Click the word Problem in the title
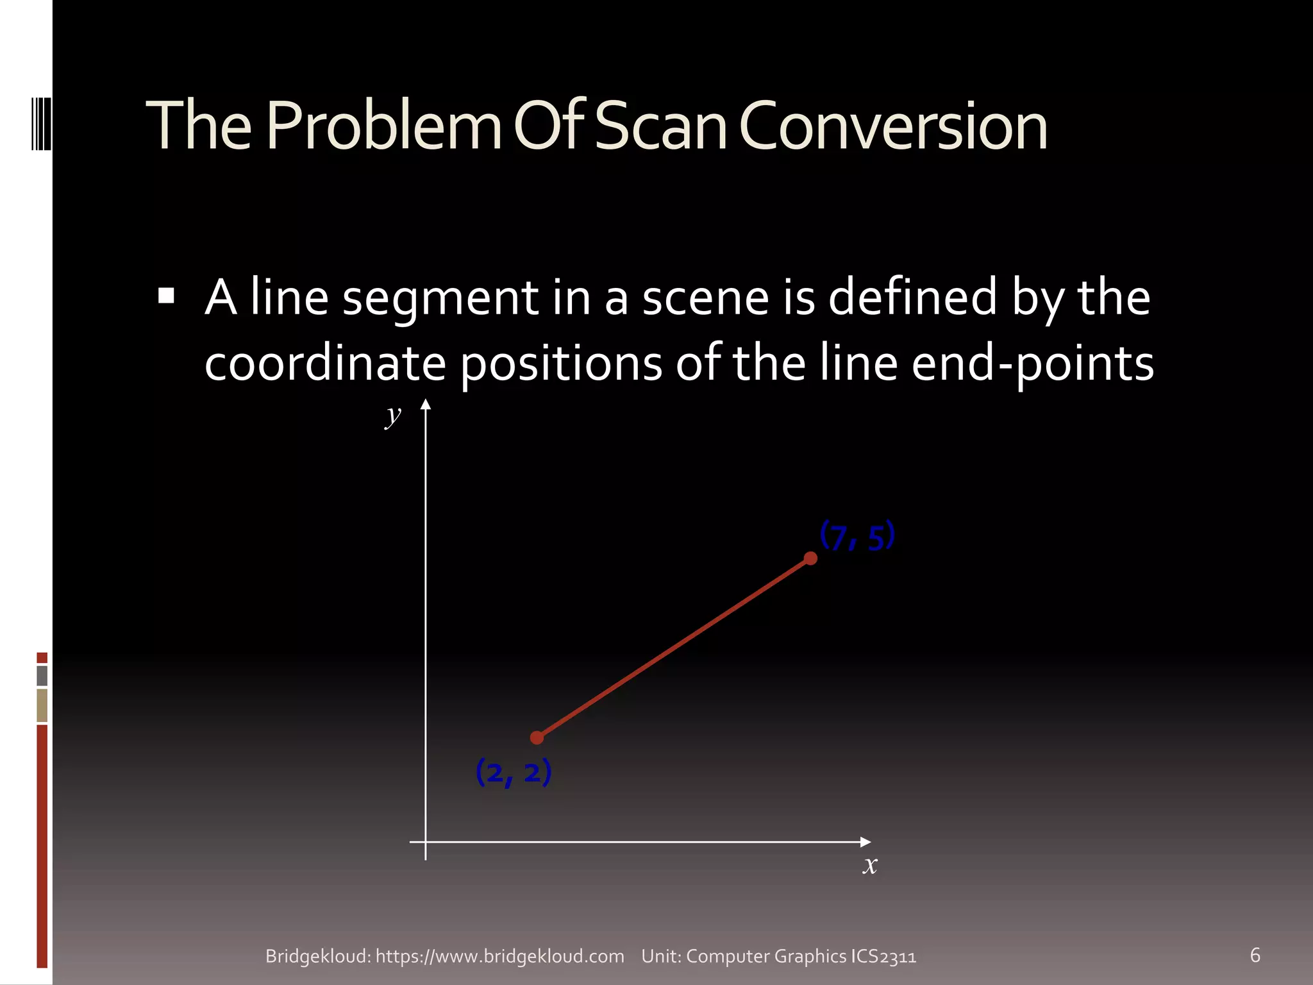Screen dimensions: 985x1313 coord(383,126)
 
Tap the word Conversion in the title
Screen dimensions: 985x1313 coord(893,126)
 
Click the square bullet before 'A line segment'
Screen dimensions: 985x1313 coord(166,296)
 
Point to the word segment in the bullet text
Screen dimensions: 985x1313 coord(440,299)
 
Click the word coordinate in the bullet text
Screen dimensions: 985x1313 coord(325,363)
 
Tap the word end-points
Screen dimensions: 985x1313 coord(1032,364)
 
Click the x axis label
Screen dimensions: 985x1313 coord(869,865)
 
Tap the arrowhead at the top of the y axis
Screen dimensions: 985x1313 coord(426,404)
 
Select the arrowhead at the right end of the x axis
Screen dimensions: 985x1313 coord(865,841)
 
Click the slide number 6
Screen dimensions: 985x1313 coord(1255,955)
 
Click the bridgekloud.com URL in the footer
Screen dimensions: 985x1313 coord(499,956)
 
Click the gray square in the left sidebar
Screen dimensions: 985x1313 coord(42,675)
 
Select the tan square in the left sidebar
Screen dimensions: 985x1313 coord(42,705)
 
